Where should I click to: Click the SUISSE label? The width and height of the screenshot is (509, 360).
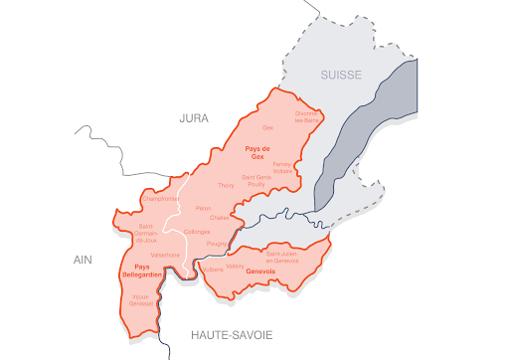point(342,76)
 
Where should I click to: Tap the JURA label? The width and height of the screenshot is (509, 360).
point(194,118)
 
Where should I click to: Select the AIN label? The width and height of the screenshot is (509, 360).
point(82,259)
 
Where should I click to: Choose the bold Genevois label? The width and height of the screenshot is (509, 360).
point(259,271)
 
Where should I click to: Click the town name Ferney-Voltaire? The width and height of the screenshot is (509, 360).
point(283,166)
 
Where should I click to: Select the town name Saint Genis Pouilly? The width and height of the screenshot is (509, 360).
point(256,180)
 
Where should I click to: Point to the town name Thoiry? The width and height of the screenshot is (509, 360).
point(225,186)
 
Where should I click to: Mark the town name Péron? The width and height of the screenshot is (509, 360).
point(204,208)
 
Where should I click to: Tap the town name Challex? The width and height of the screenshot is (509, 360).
point(220,218)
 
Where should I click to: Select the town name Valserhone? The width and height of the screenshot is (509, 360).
point(165,255)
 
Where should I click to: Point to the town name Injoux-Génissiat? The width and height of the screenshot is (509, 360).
point(142,300)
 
